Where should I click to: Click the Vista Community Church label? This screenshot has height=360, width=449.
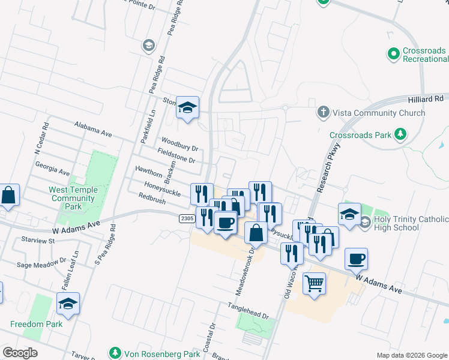379,113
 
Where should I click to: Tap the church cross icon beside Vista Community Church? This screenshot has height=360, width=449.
323,112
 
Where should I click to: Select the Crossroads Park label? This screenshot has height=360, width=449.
360,136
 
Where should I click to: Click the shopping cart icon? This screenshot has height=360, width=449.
314,283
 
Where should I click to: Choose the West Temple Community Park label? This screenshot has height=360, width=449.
73,198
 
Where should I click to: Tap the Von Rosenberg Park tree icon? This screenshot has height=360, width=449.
115,352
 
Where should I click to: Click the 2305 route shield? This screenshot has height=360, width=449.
187,219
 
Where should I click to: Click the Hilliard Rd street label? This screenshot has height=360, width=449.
427,98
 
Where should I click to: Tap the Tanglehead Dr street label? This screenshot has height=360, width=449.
247,310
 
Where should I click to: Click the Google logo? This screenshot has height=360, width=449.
20,353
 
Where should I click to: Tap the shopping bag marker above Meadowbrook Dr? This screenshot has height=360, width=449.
256,233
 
